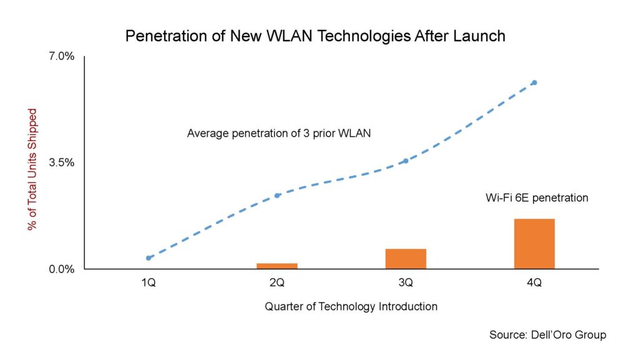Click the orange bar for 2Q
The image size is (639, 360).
277,266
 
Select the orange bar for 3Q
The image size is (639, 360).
406,259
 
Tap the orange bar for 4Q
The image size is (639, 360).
534,244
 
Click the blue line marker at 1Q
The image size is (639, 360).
149,258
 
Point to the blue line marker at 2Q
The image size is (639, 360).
278,195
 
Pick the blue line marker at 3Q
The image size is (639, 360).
406,161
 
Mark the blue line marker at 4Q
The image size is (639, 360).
534,82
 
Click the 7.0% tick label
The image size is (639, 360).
62,57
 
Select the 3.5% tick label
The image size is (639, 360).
62,163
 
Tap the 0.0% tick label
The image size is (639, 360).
62,270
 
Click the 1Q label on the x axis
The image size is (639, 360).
149,283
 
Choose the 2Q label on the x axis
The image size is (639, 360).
277,283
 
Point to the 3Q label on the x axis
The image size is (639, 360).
406,283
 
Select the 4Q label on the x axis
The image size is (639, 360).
534,283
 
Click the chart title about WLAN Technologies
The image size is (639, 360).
315,36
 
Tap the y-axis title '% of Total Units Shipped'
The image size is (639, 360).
33,169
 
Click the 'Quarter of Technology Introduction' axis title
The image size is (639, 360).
351,306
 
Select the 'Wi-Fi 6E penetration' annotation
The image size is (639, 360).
537,198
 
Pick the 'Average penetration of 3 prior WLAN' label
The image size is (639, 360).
279,133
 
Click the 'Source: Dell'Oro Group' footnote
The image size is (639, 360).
547,335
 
